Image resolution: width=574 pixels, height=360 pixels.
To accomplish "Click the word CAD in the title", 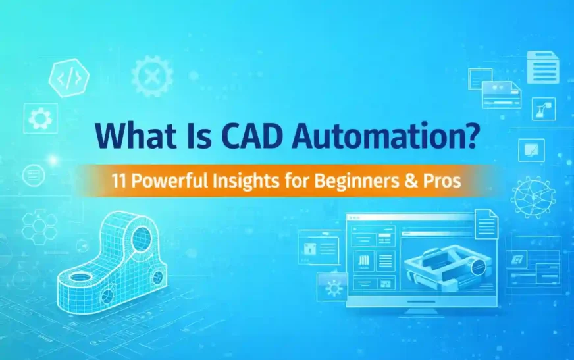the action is click(253, 135).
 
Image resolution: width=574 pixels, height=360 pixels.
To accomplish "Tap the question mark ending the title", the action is click(470, 134).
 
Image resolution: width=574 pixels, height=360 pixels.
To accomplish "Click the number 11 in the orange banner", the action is click(119, 180).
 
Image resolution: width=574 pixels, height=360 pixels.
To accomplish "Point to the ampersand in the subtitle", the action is click(411, 181).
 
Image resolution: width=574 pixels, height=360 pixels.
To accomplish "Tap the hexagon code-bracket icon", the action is click(69, 78).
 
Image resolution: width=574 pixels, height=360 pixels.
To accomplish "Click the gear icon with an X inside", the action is click(151, 76).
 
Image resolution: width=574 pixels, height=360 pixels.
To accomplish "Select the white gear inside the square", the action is click(40, 118).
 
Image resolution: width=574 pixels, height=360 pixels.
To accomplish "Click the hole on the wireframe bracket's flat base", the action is click(80, 277).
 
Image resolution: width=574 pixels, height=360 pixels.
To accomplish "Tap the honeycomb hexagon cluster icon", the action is click(39, 227).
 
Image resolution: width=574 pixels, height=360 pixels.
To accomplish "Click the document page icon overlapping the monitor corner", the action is click(486, 223).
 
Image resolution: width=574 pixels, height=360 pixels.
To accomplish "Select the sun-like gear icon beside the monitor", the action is click(334, 288).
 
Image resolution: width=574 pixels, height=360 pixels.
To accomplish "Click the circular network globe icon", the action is click(533, 197).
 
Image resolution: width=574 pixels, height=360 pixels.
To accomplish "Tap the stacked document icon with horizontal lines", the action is click(542, 68).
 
